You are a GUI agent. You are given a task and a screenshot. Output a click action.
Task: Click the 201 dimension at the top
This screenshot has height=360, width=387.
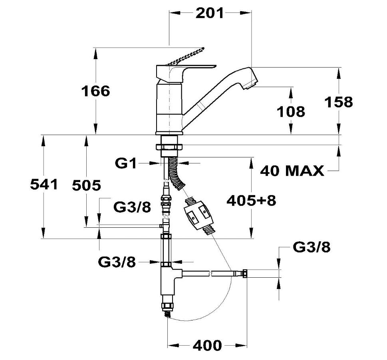click(210, 13)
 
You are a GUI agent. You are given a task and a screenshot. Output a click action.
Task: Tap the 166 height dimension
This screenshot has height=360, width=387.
click(95, 91)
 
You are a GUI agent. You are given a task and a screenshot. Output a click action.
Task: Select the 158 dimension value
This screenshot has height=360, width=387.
click(339, 102)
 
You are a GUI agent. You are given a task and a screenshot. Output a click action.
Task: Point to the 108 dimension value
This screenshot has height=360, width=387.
click(291, 111)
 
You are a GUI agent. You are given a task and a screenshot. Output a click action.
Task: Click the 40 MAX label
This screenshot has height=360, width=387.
click(292, 171)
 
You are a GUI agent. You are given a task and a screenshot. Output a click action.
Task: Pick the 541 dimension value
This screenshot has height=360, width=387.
click(44, 184)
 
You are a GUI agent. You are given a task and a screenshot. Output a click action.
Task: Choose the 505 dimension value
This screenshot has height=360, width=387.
click(86, 185)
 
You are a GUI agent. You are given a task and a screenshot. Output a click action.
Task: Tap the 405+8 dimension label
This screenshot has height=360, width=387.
click(251, 201)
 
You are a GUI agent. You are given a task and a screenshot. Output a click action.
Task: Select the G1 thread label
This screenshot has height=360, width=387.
click(126, 163)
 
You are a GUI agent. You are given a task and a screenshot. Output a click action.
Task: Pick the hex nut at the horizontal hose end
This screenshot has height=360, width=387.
click(245, 274)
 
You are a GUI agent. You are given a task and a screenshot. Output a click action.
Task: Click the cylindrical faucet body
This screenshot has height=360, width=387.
click(169, 109)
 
